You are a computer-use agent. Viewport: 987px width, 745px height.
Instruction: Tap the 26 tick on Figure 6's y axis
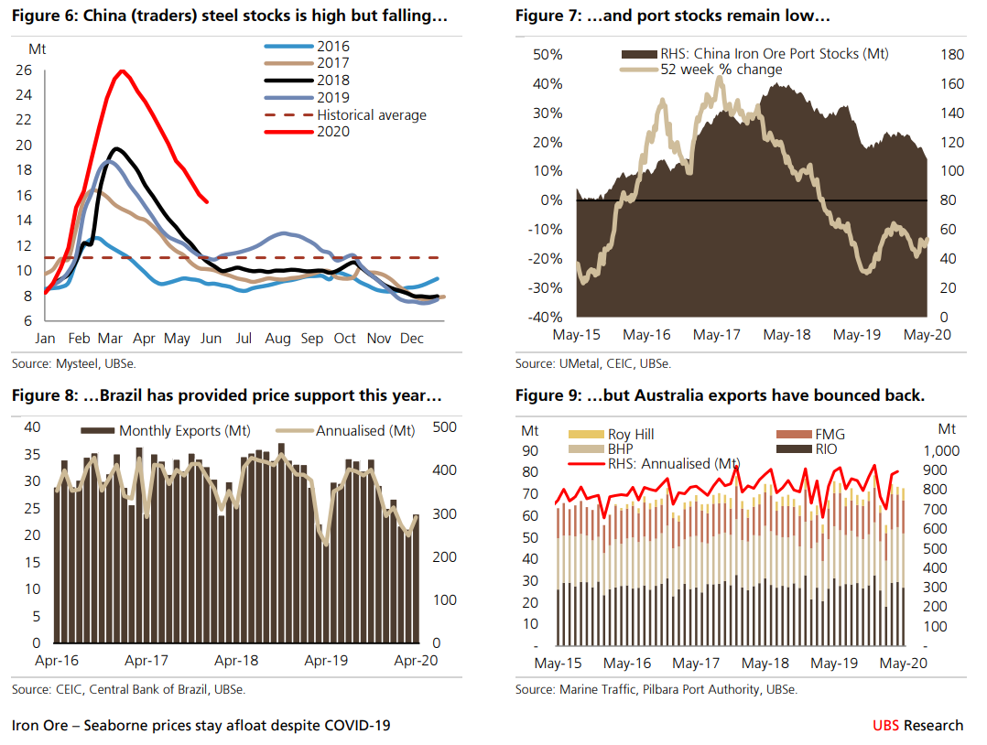(49, 70)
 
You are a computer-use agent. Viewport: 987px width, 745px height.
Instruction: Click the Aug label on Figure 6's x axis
(277, 339)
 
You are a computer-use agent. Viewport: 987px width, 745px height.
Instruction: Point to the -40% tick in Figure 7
(547, 317)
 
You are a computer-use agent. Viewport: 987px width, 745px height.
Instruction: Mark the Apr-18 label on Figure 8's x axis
(235, 659)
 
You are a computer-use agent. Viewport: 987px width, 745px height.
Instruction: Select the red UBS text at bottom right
(885, 726)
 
